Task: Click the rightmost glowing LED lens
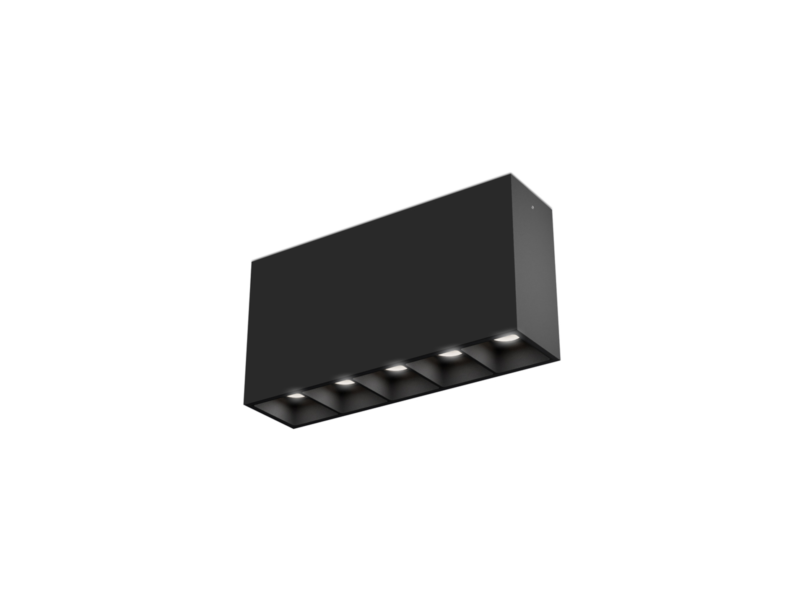505,338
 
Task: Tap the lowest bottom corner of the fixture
293,428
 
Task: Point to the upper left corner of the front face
252,262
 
